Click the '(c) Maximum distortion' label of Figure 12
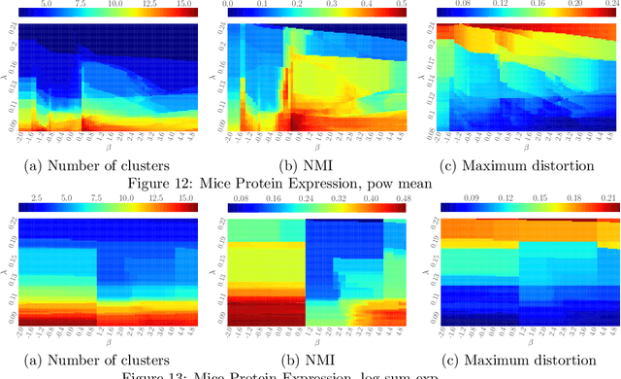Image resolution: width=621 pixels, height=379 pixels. click(517, 166)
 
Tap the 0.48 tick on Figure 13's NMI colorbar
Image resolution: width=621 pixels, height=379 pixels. click(398, 197)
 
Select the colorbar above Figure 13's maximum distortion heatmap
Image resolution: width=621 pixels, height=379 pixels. click(520, 208)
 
